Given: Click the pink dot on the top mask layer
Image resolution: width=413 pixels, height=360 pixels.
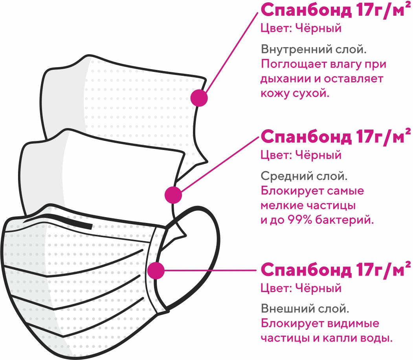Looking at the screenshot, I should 199,98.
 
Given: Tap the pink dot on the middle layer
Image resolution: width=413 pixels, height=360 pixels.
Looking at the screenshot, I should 173,195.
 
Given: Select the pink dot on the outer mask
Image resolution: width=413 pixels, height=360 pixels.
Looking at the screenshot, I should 156,270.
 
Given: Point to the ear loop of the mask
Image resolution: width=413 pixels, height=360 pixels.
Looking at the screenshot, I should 208,251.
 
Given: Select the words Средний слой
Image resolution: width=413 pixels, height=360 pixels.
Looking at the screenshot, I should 304,176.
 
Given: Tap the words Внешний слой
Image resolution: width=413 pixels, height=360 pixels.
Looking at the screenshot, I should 305,309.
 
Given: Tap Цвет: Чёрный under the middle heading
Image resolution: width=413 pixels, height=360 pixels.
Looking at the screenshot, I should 301,155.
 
